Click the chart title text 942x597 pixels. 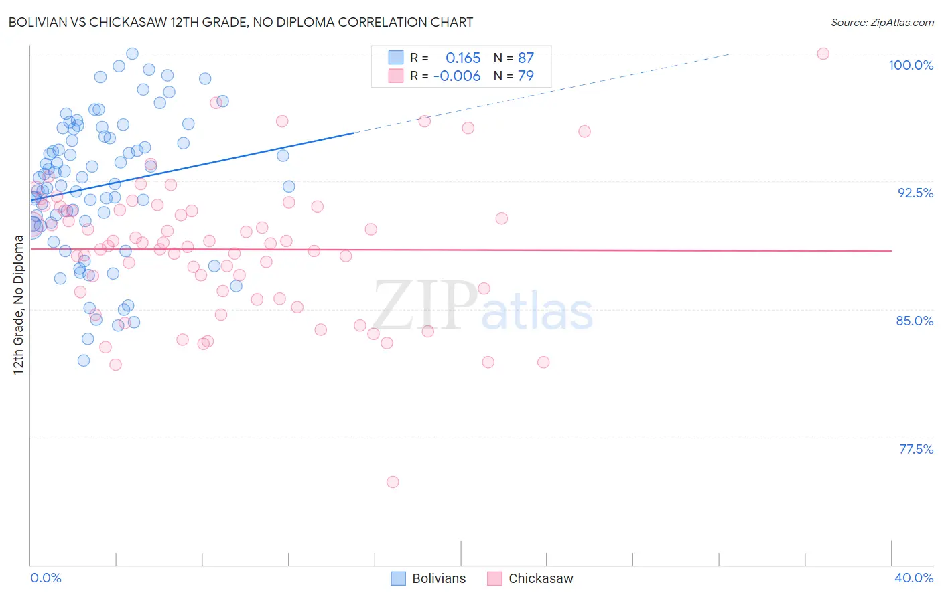coord(241,23)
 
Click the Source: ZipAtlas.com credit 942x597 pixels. coord(882,23)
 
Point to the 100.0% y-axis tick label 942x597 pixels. coord(911,65)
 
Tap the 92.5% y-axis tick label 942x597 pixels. coord(915,193)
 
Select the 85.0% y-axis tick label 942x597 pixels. coord(915,321)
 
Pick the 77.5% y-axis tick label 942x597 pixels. coord(916,449)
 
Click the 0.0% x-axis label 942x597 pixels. coord(46,578)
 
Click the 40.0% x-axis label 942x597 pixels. coord(913,578)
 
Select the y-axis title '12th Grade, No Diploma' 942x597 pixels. coord(19,305)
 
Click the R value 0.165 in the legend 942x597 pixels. coord(463,58)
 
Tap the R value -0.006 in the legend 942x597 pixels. coord(457,76)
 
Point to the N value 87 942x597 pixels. coord(525,58)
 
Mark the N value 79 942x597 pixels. coord(525,76)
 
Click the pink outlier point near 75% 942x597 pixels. coord(393,482)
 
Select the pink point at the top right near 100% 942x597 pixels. coord(823,54)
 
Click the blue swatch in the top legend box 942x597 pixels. coord(396,58)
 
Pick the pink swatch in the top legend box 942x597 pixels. coord(396,76)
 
